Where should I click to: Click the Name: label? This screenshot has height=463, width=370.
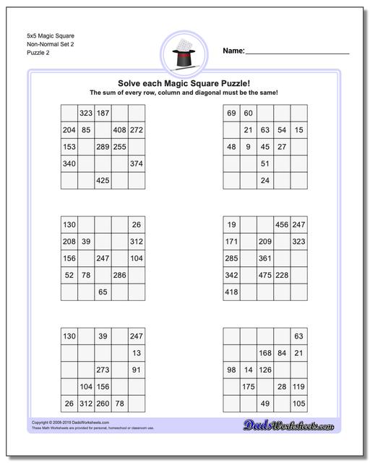(233, 51)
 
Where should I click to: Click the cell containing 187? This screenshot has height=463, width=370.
(103, 114)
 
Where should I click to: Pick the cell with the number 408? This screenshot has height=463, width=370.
(120, 130)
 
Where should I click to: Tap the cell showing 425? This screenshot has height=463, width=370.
(103, 180)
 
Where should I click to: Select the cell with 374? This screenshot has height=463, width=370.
(137, 163)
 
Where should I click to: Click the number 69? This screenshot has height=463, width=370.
(231, 114)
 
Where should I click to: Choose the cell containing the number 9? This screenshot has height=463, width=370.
(248, 147)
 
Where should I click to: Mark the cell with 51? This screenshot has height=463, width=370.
(265, 163)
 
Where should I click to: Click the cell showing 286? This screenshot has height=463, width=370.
(120, 275)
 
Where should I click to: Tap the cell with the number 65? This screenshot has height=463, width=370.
(103, 292)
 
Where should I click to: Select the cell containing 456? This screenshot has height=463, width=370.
(282, 225)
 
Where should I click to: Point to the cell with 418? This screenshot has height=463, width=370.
(231, 292)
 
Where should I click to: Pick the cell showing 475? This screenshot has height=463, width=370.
(265, 275)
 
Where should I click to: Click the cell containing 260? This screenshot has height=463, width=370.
(103, 403)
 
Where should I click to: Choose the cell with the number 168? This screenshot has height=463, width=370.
(265, 353)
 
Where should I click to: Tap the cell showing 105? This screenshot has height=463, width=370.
(298, 403)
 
